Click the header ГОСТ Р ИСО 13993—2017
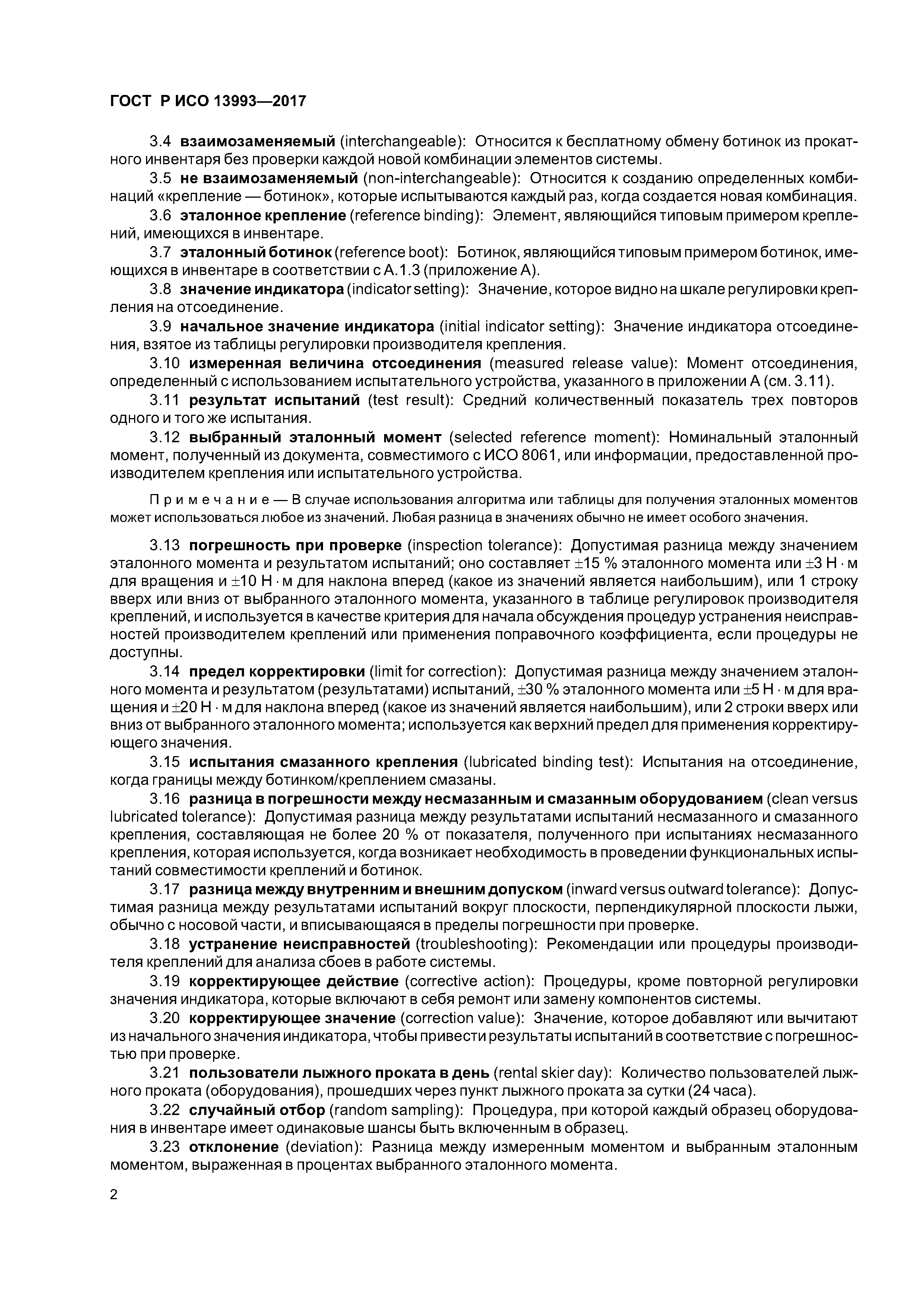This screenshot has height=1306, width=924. click(x=208, y=101)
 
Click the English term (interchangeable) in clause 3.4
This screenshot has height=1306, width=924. click(x=403, y=141)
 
